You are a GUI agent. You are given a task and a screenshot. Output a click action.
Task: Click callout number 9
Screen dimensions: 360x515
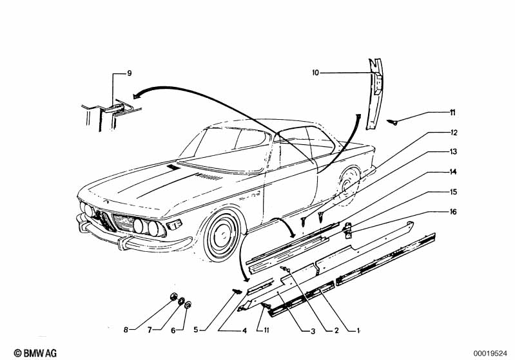129,73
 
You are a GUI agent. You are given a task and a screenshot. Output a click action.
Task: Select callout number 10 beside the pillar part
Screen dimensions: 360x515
316,73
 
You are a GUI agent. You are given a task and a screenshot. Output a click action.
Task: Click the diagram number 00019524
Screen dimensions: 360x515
491,352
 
